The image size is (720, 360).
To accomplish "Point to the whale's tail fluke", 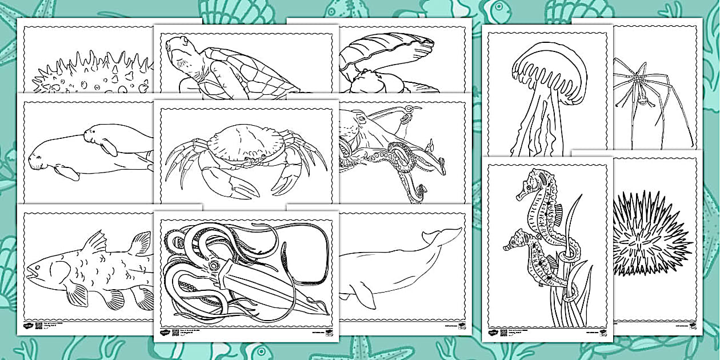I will [442, 235].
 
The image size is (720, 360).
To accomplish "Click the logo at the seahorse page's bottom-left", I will [493, 331].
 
